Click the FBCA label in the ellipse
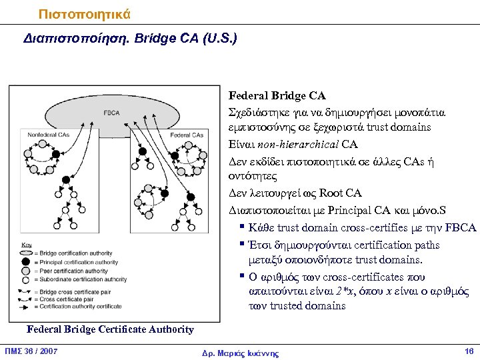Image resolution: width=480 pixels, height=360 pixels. pos(111,113)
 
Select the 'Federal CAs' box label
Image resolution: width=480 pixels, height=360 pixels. pos(186,135)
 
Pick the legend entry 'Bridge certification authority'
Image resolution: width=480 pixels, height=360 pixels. pos(75,253)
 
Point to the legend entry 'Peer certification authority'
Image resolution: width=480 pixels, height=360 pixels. pos(73,271)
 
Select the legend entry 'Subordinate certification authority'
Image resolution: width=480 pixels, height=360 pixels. pos(83,280)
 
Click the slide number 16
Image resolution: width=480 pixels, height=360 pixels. pos(468,351)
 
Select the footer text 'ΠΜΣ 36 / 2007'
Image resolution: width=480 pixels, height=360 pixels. pos(31,351)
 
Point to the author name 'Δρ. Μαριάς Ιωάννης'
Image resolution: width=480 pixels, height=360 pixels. pos(240,353)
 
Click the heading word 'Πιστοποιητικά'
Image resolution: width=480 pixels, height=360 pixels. pos(85,13)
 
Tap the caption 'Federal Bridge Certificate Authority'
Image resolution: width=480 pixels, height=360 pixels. pos(110,329)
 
